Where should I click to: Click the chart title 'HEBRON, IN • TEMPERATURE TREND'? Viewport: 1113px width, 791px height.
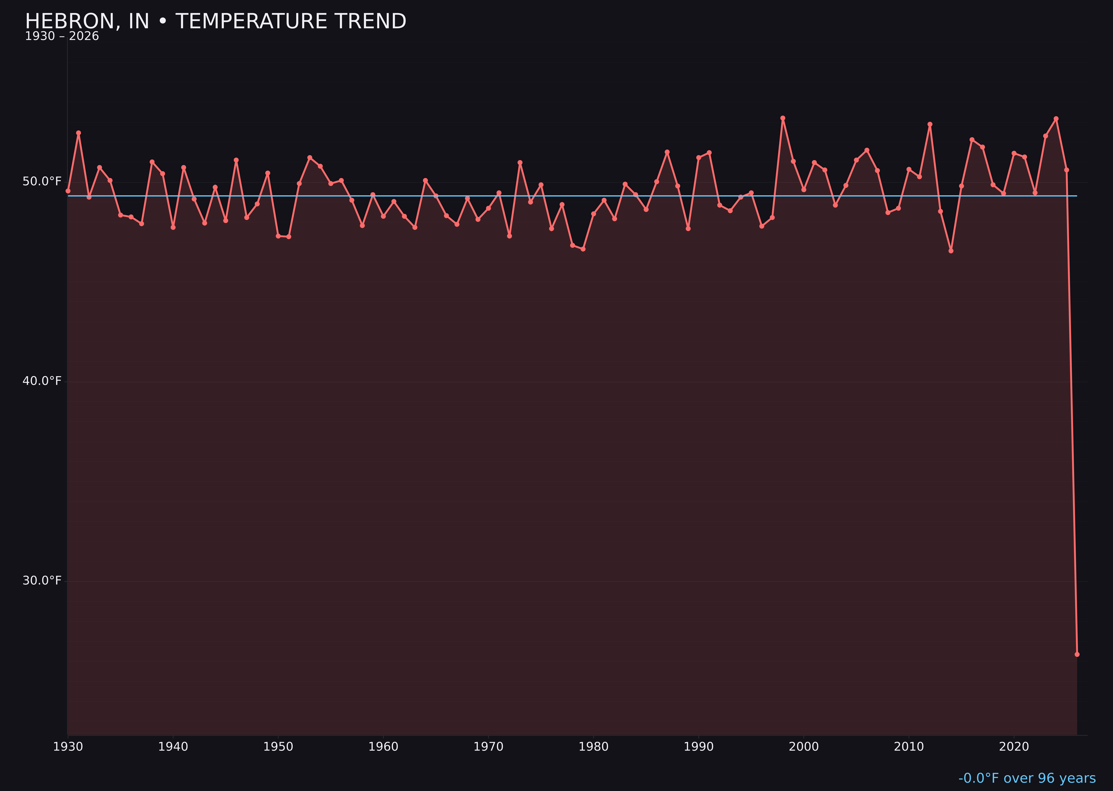point(215,21)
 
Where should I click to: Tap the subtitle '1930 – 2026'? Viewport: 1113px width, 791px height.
point(62,36)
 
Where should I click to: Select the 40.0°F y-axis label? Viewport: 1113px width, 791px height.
point(42,381)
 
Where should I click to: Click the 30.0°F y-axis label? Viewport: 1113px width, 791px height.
point(42,580)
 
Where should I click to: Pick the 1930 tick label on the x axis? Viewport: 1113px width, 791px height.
point(68,747)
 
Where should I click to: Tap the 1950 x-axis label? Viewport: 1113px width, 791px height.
point(278,747)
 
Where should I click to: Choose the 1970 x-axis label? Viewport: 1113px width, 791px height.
point(488,747)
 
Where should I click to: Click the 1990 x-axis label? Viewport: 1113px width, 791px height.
point(698,747)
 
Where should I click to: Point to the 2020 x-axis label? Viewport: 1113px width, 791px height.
point(1014,747)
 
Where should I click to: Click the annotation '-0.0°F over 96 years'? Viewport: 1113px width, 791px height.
point(1027,778)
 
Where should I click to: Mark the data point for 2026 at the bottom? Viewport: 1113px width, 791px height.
point(1077,654)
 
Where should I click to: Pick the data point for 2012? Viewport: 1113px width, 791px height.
point(930,124)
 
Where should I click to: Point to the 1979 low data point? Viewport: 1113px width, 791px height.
point(583,249)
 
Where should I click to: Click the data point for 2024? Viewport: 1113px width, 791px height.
point(1056,119)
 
